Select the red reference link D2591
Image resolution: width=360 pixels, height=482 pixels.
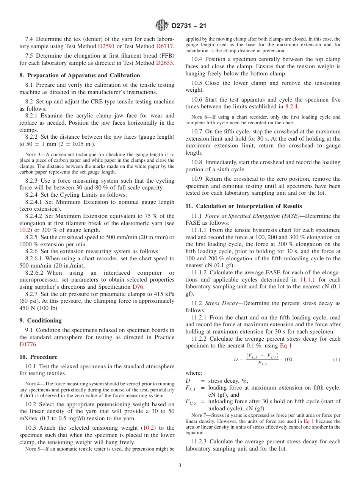pos(106,46)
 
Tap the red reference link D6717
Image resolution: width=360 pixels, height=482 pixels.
pos(165,46)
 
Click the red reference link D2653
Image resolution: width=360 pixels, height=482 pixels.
pos(165,63)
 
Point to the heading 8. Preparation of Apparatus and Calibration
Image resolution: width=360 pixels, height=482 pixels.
pos(80,75)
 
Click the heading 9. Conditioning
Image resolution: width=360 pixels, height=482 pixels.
pos(40,321)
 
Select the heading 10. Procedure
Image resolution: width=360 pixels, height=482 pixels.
pos(38,357)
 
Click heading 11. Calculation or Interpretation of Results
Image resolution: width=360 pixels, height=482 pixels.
pos(244,206)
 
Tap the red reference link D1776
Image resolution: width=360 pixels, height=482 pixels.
pos(28,344)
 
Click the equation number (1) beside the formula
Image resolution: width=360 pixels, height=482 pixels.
pos(337,359)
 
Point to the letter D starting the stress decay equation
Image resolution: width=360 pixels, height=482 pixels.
pos(236,359)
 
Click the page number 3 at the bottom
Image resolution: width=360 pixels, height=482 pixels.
pos(180,466)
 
